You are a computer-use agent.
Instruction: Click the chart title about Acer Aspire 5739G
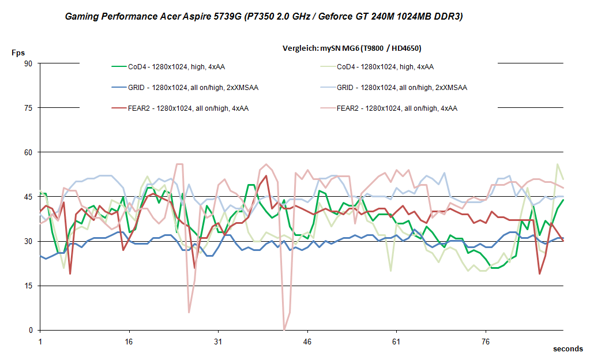[x=264, y=17]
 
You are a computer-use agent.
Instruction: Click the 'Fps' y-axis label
[x=18, y=52]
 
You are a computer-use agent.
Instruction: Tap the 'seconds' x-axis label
[x=568, y=348]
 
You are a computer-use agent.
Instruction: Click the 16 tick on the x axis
[x=129, y=342]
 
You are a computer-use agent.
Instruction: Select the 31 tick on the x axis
[x=218, y=342]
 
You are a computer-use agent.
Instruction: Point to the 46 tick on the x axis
[x=307, y=342]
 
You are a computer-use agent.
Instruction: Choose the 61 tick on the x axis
[x=396, y=342]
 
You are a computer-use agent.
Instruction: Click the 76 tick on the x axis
[x=486, y=342]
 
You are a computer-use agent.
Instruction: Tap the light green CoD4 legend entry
[x=385, y=67]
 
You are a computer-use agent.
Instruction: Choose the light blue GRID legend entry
[x=401, y=88]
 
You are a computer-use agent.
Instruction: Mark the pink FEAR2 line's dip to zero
[x=284, y=329]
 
